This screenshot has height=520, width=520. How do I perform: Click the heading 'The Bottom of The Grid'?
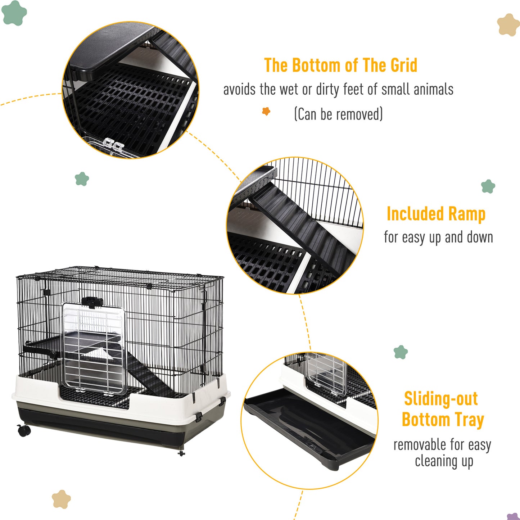340,65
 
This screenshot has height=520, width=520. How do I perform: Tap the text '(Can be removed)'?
338,114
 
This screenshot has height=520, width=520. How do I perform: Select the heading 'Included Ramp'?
436,214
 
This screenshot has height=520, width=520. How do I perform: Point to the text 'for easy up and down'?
438,238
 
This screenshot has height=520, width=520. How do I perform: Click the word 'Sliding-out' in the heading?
441,399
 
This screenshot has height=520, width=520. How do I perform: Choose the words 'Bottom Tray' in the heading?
443,420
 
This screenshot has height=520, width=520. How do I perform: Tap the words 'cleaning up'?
444,461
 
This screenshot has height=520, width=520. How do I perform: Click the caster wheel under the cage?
23,430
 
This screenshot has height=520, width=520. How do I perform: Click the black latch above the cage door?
92,302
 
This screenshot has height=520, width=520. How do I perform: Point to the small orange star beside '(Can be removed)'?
266,111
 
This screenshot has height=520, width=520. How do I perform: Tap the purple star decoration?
513,516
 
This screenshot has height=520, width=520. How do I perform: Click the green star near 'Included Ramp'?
488,186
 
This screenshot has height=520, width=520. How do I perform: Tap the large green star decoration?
14,13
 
